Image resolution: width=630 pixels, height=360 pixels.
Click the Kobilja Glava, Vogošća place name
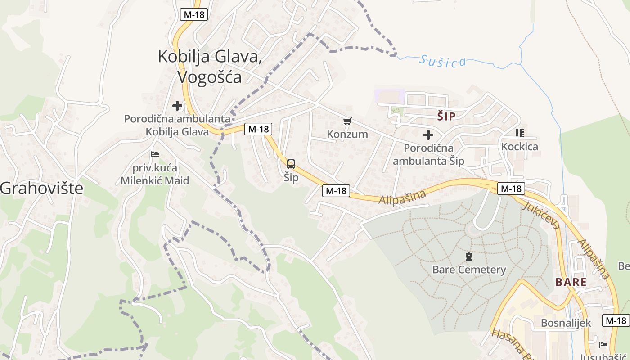210,67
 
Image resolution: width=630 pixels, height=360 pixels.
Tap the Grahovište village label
41,189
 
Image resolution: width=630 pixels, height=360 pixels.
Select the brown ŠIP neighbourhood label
446,117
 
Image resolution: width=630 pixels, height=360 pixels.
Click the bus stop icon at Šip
291,164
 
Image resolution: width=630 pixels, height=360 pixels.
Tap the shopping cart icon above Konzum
347,121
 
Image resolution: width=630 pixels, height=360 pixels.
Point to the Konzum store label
347,134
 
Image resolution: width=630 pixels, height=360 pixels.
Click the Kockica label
520,147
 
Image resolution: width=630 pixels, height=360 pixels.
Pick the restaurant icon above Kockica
520,133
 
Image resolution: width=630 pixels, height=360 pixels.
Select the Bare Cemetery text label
469,270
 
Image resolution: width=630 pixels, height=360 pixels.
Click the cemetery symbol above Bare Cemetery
469,257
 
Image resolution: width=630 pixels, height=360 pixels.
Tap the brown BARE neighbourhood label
571,283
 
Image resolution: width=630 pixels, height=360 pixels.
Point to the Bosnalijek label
566,323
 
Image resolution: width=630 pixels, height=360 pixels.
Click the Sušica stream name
442,61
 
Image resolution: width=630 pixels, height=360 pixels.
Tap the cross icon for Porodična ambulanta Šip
428,135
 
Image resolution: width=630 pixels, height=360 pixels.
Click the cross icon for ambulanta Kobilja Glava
177,106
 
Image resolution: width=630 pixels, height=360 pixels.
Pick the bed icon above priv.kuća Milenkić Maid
155,154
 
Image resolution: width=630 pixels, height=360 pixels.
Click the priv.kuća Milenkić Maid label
155,175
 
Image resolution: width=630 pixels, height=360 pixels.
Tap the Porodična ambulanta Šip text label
428,154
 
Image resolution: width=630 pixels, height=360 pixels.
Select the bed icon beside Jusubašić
603,345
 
